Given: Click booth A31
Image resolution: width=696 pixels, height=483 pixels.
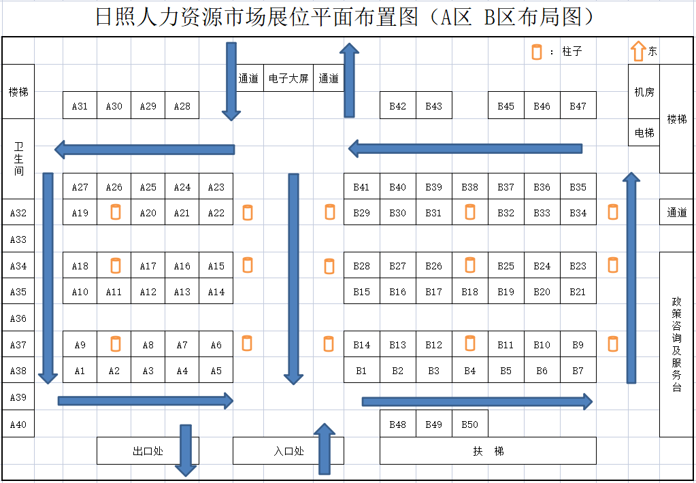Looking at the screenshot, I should click(x=80, y=105).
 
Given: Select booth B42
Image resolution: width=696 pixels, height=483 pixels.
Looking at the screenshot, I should click(x=397, y=105).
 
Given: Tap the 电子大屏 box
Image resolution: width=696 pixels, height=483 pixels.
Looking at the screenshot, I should click(x=288, y=78).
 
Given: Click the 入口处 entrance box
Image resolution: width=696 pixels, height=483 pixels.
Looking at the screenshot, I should click(x=288, y=450).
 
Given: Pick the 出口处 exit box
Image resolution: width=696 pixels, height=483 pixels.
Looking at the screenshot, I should click(x=148, y=450).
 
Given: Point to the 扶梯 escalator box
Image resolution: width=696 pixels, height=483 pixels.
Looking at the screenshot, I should click(x=488, y=450).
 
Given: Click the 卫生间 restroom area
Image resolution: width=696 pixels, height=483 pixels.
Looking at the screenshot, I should click(x=18, y=159).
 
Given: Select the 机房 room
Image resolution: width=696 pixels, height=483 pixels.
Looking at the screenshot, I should click(x=644, y=91).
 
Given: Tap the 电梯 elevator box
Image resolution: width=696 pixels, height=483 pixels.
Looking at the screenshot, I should click(x=644, y=133).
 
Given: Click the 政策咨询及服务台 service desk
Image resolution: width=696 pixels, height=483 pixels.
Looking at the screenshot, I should click(x=676, y=344).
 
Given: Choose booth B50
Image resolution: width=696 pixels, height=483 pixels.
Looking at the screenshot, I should click(x=469, y=424).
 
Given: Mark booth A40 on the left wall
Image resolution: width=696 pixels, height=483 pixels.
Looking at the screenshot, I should click(x=18, y=424).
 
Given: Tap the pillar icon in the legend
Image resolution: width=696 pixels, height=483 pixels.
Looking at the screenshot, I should click(x=537, y=52).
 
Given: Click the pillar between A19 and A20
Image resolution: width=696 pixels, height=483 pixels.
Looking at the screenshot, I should click(x=115, y=212).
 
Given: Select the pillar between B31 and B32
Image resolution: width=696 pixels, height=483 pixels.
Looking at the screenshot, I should click(x=469, y=212).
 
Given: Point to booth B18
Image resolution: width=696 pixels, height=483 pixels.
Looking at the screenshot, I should click(x=469, y=292).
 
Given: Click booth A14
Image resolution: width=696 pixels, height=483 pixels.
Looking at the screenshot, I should click(x=216, y=292).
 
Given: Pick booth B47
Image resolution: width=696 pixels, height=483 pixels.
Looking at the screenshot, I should click(x=578, y=105).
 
